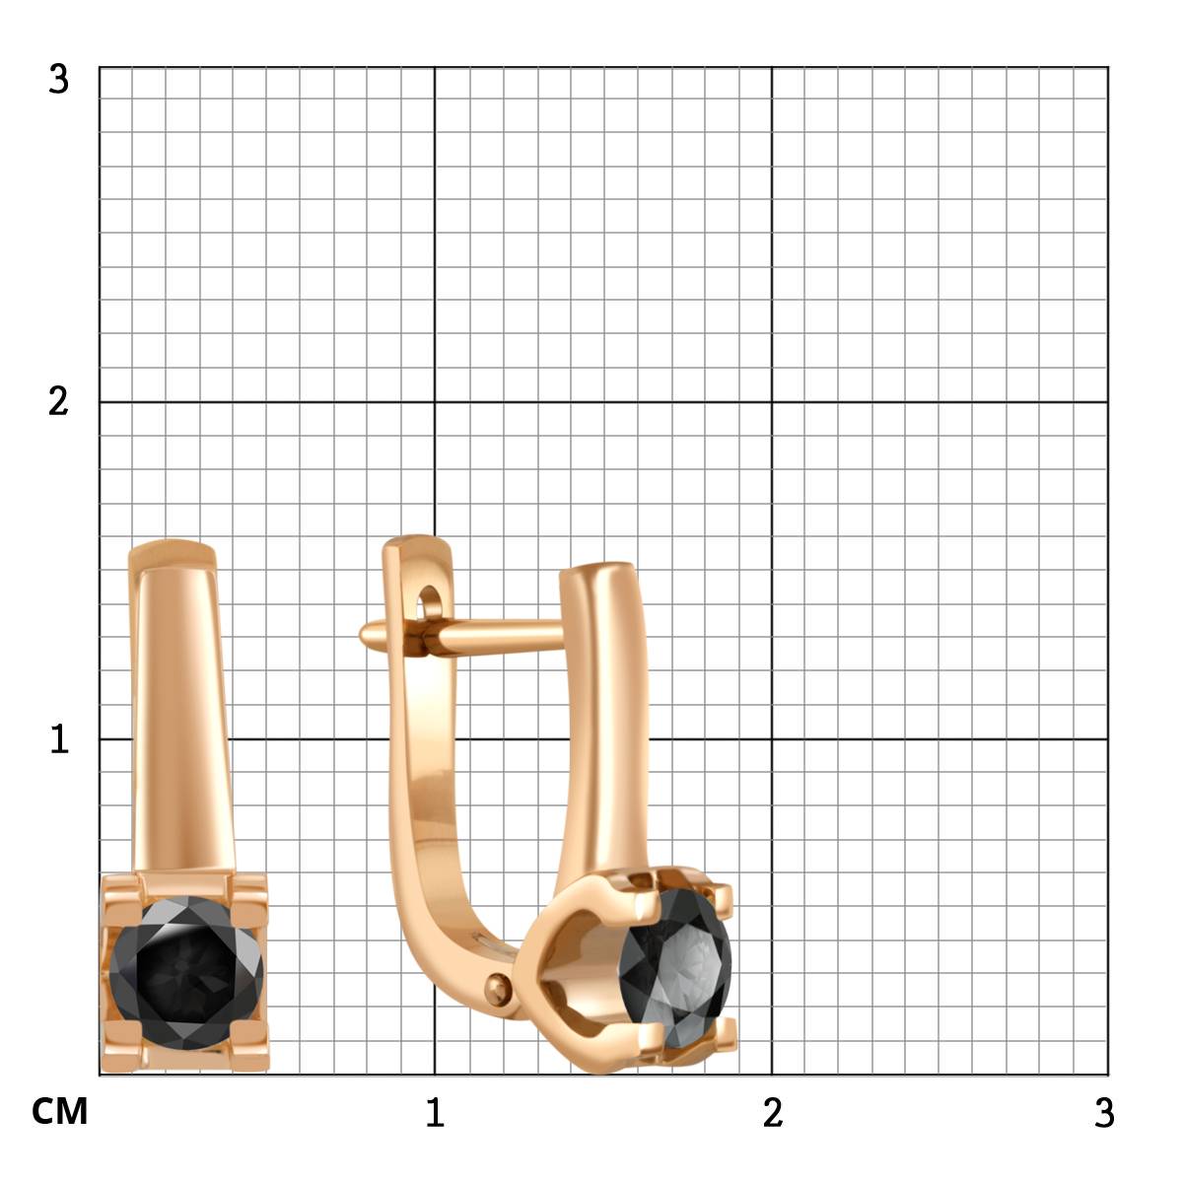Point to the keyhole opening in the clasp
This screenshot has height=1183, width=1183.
[x=428, y=601]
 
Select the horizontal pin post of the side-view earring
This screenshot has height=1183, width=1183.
[x=461, y=636]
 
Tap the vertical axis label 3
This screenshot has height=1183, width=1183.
[x=58, y=79]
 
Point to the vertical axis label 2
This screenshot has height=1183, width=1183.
[x=58, y=403]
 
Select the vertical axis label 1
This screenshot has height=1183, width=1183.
[x=59, y=739]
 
